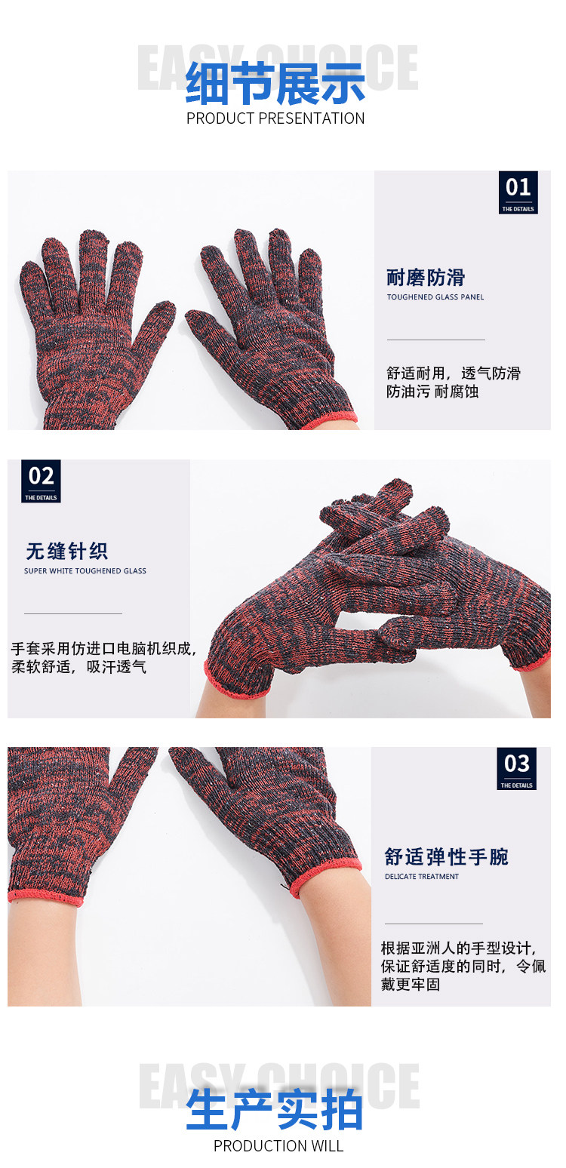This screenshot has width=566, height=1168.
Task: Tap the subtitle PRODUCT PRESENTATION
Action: coord(275,118)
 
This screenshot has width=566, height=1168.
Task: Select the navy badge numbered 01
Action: coord(518,192)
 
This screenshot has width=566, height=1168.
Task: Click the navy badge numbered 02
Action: coord(41,481)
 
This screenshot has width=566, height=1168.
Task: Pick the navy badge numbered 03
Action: coord(516,768)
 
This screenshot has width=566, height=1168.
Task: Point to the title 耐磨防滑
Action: coord(426,278)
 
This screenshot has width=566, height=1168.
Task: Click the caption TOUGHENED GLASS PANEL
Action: coord(435,297)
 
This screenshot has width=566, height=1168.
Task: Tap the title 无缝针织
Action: coord(66,551)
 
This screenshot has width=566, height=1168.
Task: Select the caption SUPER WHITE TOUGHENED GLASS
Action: coord(85,571)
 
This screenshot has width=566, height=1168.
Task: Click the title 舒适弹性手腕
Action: coord(447,857)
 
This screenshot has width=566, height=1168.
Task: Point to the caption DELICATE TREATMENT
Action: coord(422,877)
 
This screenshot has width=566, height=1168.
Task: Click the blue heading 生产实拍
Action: coord(275,1111)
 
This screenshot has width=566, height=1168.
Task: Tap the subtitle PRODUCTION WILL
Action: coord(278,1146)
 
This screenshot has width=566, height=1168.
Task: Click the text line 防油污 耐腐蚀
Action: coord(432,392)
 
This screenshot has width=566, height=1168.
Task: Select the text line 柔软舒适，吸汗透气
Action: coord(78,667)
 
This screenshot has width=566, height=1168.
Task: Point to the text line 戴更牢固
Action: coord(410,984)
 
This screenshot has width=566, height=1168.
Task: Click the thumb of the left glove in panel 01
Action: coord(155,324)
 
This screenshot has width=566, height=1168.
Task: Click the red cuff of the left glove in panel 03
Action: coord(45,896)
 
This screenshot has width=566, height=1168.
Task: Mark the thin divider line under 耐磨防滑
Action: coord(436,340)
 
